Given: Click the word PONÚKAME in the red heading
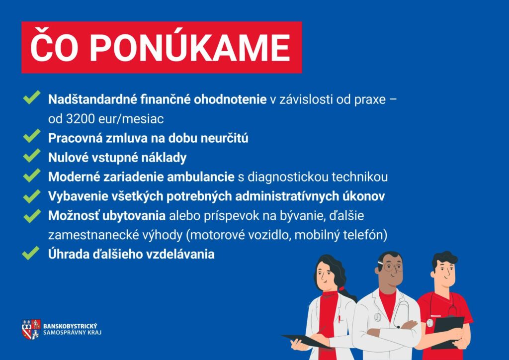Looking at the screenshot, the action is pos(189,48).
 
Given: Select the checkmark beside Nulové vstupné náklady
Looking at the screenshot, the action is pos(32,156).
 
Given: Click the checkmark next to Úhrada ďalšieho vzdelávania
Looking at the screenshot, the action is pos(31,253).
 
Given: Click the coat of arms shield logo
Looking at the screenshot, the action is pos(31,329).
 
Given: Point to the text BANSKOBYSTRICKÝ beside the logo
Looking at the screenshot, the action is pos(70,326).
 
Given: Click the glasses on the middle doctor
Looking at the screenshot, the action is pos(393,268).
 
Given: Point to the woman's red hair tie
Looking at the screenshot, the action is pos(341,288).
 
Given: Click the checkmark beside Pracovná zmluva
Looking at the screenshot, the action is pos(32,136).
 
